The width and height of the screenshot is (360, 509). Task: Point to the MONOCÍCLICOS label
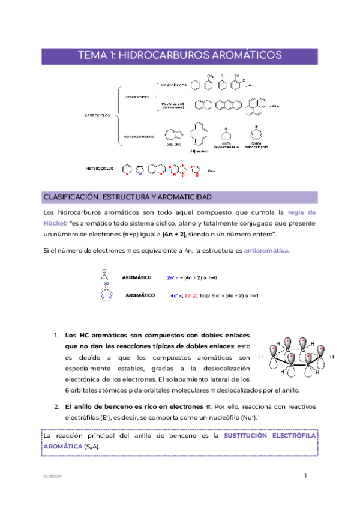click(x=173, y=85)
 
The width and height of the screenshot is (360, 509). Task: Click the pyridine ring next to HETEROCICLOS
click(x=126, y=170)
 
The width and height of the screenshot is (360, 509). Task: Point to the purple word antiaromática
click(x=266, y=250)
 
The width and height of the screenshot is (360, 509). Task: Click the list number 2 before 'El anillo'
click(x=56, y=406)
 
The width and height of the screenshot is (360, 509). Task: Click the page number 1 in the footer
click(x=305, y=476)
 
